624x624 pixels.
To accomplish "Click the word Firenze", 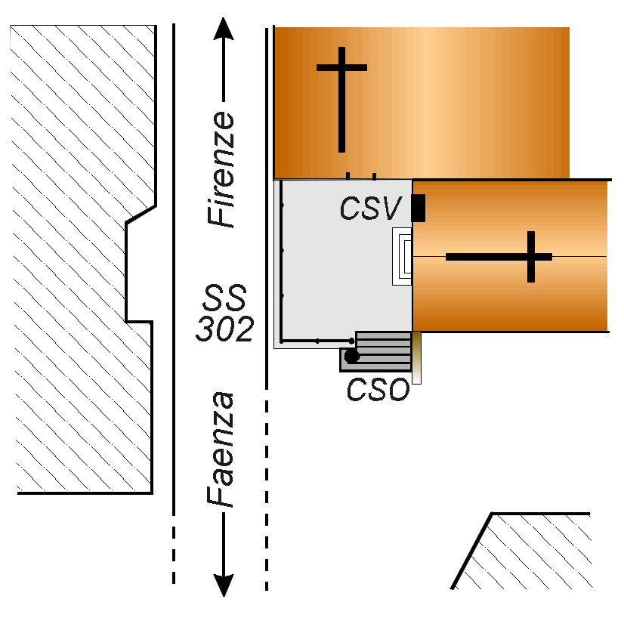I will (x=223, y=170).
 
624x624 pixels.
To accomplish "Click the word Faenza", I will (x=223, y=449).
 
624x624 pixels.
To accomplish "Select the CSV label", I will (x=368, y=209).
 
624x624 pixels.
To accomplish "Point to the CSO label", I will (x=377, y=390).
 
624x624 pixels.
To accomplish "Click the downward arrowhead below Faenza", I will (x=224, y=585).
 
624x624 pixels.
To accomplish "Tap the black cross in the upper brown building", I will (x=341, y=98).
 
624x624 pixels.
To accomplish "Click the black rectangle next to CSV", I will (x=418, y=209).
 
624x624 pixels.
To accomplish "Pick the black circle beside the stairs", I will (x=351, y=356).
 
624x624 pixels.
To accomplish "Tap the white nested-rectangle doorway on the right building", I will (x=402, y=257).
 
